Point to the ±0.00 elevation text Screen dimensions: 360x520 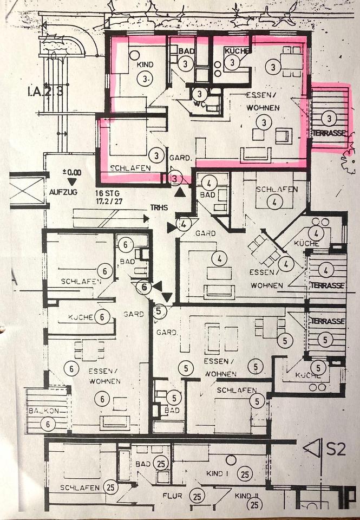pyautogui.click(x=71, y=172)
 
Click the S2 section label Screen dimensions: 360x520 pyautogui.click(x=336, y=449)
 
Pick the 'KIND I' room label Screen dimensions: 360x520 pyautogui.click(x=217, y=474)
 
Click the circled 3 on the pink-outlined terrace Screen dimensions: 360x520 pyautogui.click(x=328, y=118)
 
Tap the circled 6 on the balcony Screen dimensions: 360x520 pyautogui.click(x=48, y=424)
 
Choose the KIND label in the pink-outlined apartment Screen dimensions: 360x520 pyautogui.click(x=145, y=65)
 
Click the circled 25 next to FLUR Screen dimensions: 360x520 pyautogui.click(x=198, y=495)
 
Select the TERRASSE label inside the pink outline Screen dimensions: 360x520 pyautogui.click(x=328, y=133)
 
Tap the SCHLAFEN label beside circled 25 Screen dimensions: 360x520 pyautogui.click(x=80, y=487)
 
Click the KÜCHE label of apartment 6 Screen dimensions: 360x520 pyautogui.click(x=81, y=317)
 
